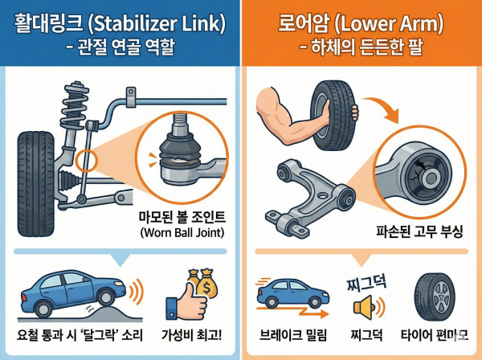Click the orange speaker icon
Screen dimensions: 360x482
pos(363,307)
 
